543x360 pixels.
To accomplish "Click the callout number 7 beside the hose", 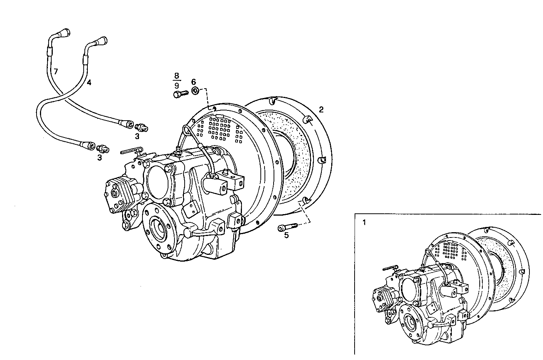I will pos(56,71).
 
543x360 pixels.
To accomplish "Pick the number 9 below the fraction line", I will pos(176,86).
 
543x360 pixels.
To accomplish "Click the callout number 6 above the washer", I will pos(194,81).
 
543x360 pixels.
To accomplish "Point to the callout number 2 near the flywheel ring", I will pos(321,110).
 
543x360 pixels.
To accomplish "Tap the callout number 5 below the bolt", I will pos(286,236).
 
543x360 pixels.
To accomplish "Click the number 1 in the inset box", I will pos(364,222).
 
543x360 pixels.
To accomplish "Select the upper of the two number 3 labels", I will pos(138,135).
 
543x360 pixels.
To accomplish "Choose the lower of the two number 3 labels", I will pos(99,158).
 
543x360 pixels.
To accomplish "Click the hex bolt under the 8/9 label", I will pos(180,94).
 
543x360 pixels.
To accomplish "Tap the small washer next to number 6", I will pos(195,91).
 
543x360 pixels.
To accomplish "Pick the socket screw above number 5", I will pos(287,227).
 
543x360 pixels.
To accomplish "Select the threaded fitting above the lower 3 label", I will pos(103,149).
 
